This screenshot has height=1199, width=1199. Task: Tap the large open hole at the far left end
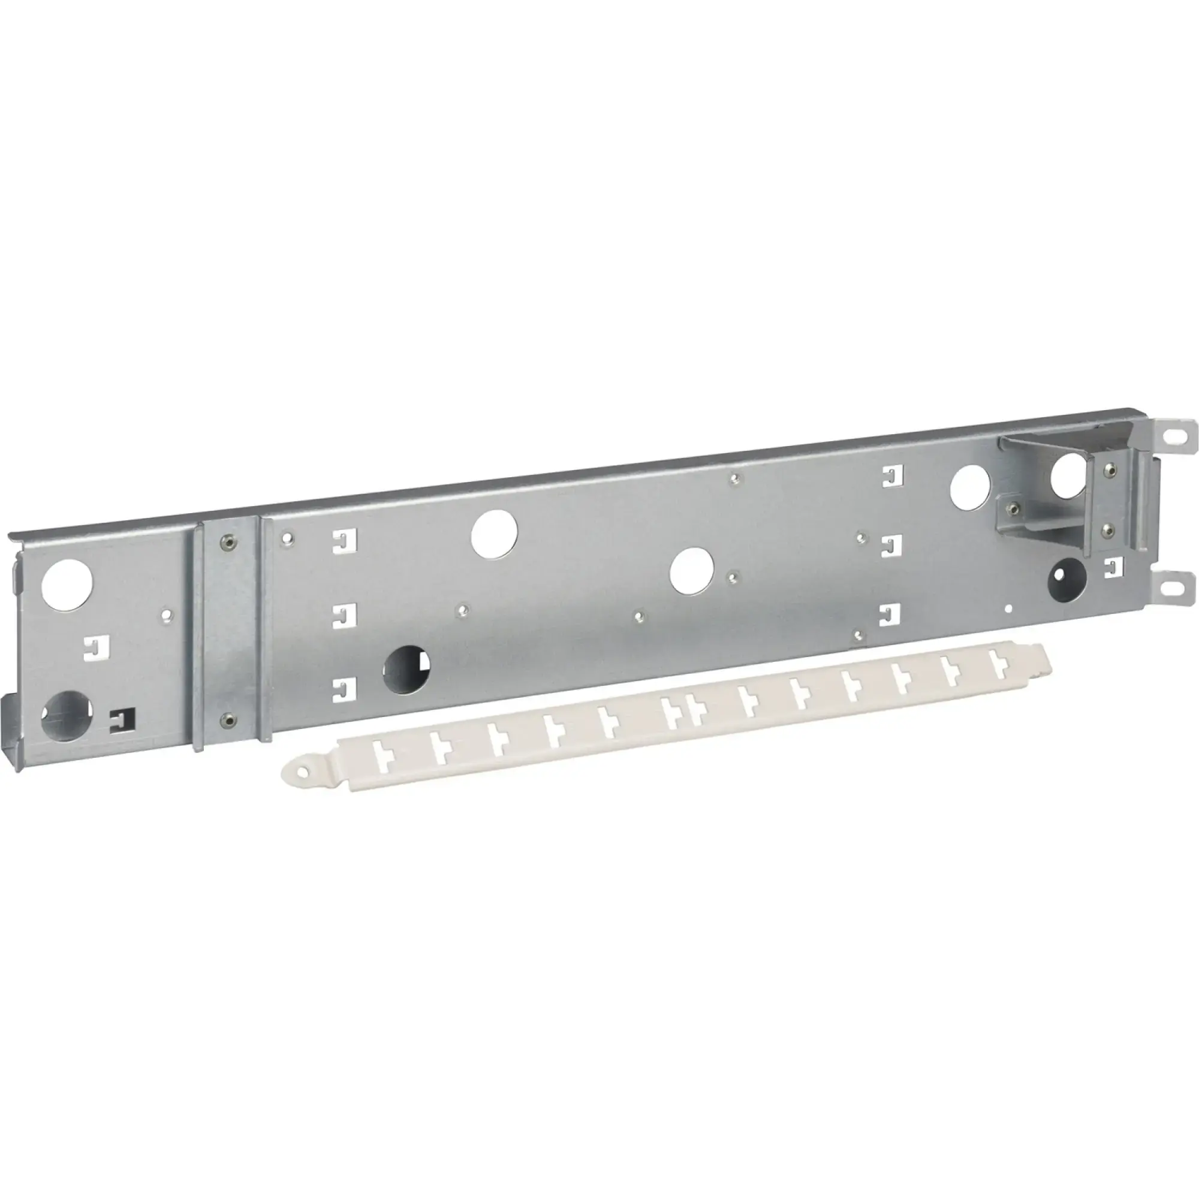coord(67,584)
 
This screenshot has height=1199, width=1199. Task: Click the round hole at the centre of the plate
coord(692,570)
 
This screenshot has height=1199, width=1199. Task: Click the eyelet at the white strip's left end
coord(302,772)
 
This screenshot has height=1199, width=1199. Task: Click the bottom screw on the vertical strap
coord(228,719)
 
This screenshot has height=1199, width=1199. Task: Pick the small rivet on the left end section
coord(165,614)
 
